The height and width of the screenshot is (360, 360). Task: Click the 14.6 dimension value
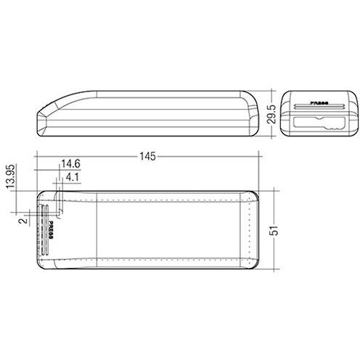71,165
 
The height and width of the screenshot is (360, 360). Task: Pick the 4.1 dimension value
73,176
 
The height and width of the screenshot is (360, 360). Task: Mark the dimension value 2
23,218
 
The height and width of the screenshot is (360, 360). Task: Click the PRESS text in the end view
319,103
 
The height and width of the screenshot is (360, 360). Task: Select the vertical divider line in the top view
97,231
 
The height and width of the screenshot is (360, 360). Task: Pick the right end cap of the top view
251,231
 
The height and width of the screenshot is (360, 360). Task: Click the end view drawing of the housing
319,112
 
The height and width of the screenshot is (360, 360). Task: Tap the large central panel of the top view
171,231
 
